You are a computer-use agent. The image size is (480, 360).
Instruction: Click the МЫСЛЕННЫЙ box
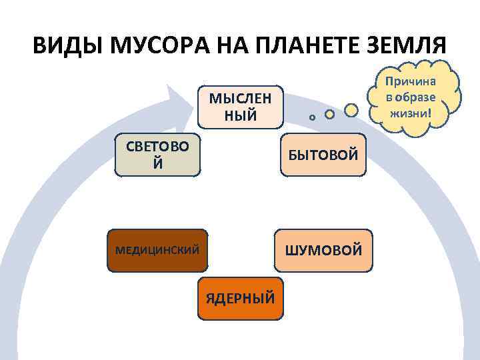[x=241, y=107]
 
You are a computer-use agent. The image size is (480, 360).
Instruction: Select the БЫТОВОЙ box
[x=323, y=155]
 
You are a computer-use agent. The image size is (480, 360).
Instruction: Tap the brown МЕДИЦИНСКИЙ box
[x=157, y=251]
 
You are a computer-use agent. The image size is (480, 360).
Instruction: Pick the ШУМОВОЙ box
[x=323, y=251]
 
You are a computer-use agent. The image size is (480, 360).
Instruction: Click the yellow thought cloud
[x=414, y=97]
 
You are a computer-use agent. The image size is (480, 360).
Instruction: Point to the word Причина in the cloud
[x=414, y=81]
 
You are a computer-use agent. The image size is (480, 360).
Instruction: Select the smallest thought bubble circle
[x=312, y=117]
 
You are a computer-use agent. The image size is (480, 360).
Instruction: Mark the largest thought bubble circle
[x=351, y=109]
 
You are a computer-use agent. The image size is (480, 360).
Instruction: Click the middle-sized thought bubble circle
[x=329, y=115]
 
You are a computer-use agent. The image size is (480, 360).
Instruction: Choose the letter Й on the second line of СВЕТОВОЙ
[x=157, y=163]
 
